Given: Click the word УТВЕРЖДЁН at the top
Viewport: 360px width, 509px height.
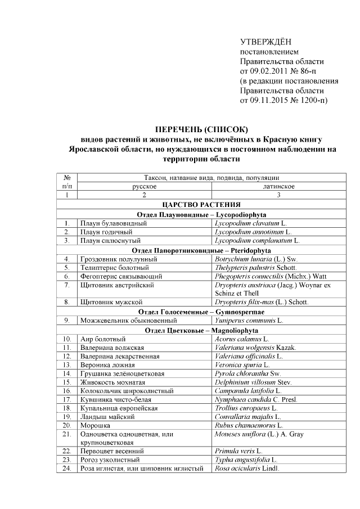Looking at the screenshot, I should (266, 42).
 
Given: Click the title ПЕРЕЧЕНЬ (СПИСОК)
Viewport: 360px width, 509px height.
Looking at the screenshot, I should (201, 130).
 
